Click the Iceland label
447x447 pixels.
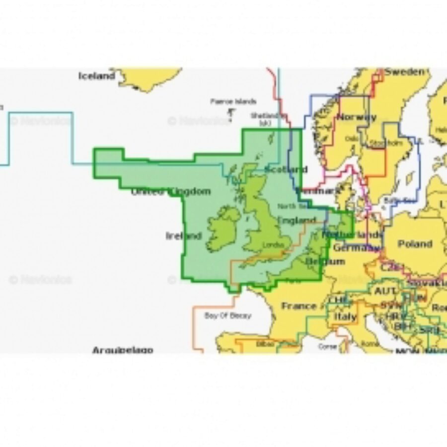point(96,76)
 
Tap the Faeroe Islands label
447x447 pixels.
point(233,101)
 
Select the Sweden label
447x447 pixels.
point(405,72)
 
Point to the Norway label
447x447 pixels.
point(356,118)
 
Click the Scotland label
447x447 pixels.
point(286,169)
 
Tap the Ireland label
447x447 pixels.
point(184,236)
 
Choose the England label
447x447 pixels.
point(297,220)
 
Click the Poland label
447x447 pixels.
point(415,244)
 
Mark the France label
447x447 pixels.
point(298,306)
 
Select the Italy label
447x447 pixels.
point(345,316)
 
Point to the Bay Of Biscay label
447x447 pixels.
point(227,315)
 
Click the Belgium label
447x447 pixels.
point(325,261)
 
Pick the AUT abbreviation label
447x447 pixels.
point(385,291)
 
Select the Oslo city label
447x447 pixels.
point(351,139)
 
